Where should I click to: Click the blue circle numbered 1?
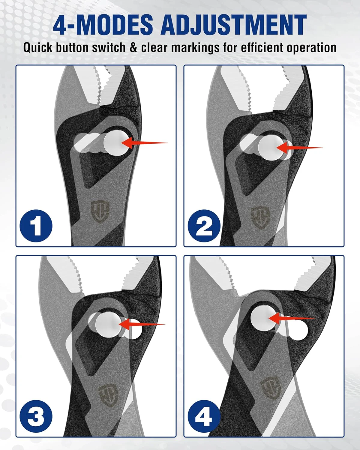36,226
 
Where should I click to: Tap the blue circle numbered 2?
204,226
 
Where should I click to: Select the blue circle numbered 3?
36,416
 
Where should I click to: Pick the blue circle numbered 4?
204,416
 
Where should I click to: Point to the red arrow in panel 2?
299,148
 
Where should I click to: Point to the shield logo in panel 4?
271,381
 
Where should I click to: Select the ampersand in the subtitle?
133,48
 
